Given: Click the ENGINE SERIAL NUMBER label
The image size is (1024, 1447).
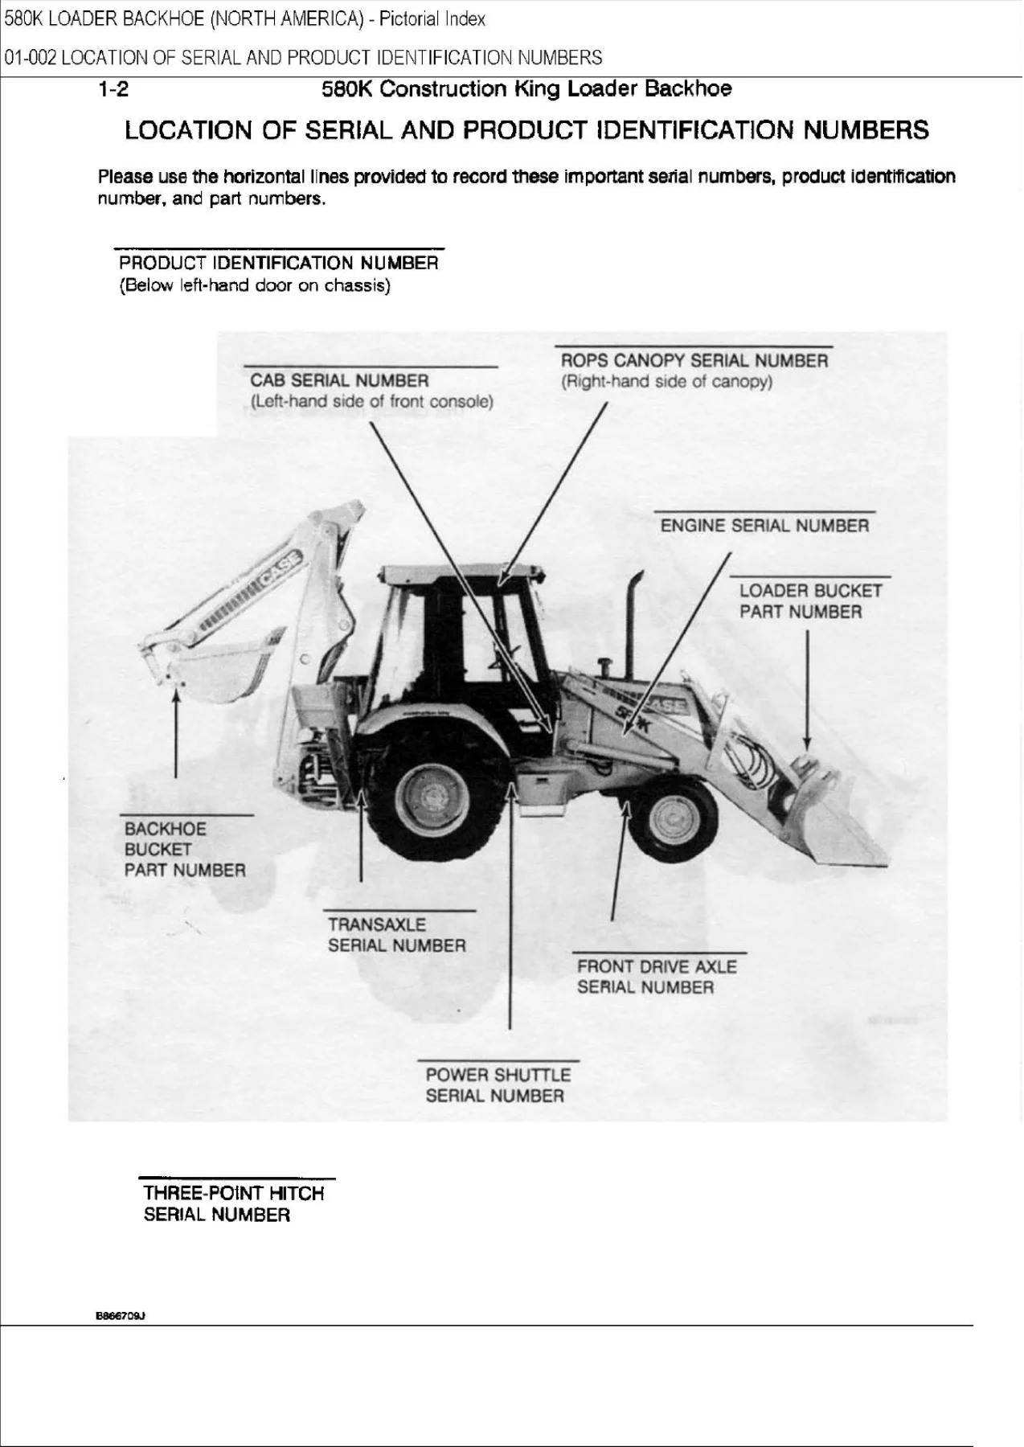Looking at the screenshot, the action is [764, 526].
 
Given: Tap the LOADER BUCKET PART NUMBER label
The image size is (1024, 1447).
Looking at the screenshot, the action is [810, 601].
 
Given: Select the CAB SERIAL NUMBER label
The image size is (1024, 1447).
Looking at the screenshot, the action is [371, 391].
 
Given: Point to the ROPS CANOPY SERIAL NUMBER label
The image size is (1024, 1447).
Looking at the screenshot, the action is [694, 371].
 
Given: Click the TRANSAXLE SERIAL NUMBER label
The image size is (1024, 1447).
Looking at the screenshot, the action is [397, 935].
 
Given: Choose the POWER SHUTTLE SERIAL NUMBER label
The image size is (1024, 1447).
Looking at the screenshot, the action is [498, 1085].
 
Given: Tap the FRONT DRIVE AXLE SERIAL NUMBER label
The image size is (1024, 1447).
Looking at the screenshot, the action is [657, 977].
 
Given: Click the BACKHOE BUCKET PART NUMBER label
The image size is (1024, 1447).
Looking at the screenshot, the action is [185, 850].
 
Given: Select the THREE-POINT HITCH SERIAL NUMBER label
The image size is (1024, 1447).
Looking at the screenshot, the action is [234, 1203].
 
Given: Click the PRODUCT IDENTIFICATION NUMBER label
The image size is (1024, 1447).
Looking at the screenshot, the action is [278, 274].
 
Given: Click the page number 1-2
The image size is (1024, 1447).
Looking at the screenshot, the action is [113, 89].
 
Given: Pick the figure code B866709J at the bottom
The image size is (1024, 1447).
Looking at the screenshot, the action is [121, 1316].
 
